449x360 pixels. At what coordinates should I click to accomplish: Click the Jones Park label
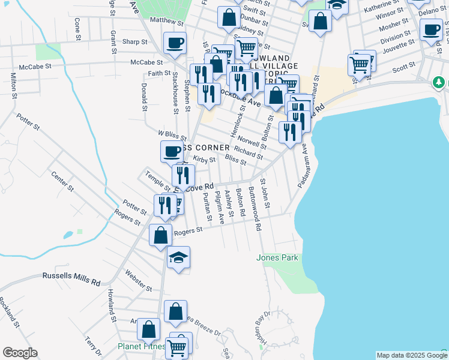tap(277, 257)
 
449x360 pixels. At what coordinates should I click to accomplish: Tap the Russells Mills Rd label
tap(71, 277)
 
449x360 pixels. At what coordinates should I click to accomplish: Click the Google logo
tap(20, 353)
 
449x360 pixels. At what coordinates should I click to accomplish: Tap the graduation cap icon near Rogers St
tap(178, 257)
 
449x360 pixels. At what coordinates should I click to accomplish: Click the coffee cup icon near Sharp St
tap(175, 43)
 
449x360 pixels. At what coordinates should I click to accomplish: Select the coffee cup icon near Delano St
tap(430, 29)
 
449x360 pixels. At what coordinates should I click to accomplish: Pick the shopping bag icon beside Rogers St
tap(160, 235)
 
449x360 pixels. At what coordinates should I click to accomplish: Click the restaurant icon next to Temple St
tap(183, 175)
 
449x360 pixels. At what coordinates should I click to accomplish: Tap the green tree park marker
tap(439, 81)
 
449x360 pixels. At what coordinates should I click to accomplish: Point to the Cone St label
tap(77, 29)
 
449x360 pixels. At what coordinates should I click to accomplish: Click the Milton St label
tap(13, 83)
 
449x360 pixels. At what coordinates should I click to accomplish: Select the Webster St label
tap(139, 280)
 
